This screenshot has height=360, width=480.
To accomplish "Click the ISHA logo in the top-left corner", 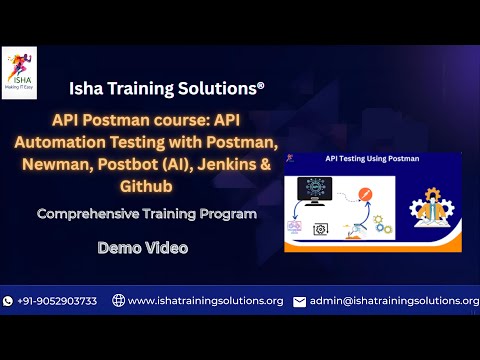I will tap(19, 72).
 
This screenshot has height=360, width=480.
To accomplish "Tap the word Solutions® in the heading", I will tap(229, 88).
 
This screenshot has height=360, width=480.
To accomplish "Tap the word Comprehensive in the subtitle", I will tap(85, 214).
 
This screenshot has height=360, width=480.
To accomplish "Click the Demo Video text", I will tap(143, 246).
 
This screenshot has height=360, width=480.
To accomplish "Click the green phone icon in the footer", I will tap(8, 301).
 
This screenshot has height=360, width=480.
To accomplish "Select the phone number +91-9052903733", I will tap(57, 301).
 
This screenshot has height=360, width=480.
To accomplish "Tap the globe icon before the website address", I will tap(118, 301).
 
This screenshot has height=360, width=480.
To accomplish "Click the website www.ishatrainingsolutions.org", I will tap(205, 301).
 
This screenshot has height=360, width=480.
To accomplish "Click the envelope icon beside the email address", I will tap(299, 301).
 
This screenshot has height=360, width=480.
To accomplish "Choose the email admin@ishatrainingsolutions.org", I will tap(394, 301).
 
